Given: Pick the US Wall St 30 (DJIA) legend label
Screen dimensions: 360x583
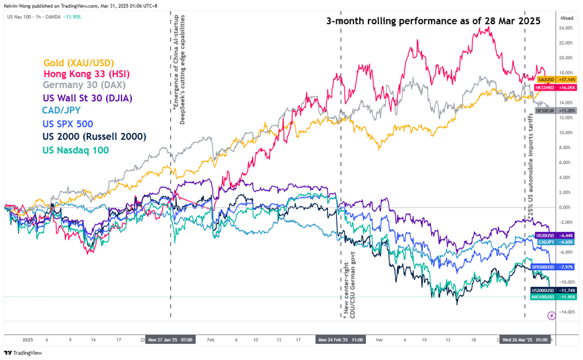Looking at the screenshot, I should pyautogui.click(x=87, y=98).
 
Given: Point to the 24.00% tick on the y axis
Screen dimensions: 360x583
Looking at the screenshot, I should pyautogui.click(x=566, y=28).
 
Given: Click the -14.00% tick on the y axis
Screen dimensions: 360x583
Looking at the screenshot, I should pyautogui.click(x=566, y=312).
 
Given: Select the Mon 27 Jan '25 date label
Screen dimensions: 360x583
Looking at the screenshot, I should pyautogui.click(x=169, y=340).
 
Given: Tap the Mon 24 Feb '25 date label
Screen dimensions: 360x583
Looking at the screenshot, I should pyautogui.click(x=340, y=340).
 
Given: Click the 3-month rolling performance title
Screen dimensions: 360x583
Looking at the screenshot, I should pyautogui.click(x=434, y=20).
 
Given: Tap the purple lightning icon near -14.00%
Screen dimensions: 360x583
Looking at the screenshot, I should pyautogui.click(x=551, y=316).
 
